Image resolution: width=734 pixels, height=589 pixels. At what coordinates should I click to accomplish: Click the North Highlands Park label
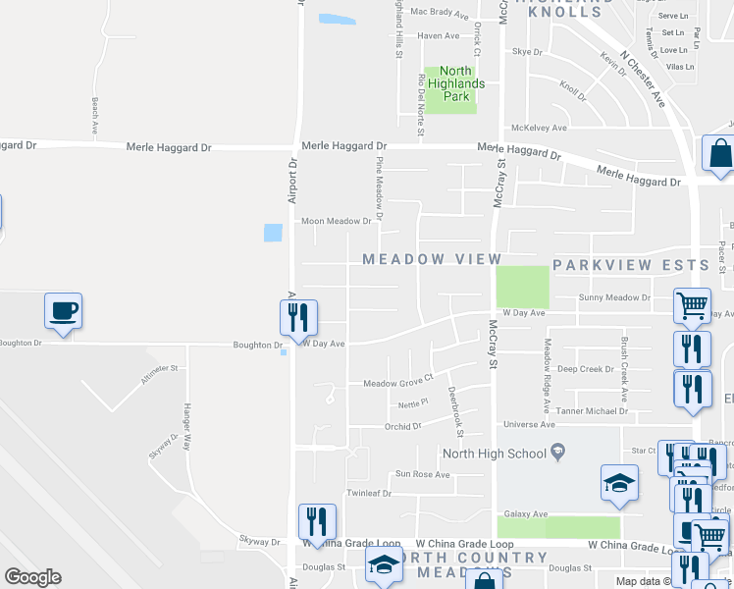[455, 83]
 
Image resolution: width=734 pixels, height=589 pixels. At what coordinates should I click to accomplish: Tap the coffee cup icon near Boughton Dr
[63, 311]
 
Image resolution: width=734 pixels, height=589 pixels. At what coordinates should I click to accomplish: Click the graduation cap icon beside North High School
[619, 482]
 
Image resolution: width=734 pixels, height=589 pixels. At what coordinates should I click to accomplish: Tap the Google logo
[32, 577]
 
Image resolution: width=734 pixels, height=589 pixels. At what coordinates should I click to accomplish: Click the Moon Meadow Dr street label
[337, 222]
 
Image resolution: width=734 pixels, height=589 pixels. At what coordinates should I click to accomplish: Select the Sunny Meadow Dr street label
[614, 296]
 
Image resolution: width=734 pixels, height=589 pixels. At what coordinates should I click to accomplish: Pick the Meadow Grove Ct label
[397, 383]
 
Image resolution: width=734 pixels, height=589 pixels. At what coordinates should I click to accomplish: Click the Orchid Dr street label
[402, 426]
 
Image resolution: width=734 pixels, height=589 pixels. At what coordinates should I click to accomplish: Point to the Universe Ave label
[529, 424]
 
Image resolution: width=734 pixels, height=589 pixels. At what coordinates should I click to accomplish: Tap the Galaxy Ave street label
[526, 513]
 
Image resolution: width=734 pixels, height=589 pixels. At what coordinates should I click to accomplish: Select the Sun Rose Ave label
[422, 474]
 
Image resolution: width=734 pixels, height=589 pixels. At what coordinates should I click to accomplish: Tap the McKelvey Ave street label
[540, 128]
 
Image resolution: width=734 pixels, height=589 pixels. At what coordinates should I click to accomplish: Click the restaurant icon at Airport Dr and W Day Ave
[295, 316]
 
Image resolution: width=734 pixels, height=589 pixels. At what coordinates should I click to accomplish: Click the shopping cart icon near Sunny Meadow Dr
[692, 305]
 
